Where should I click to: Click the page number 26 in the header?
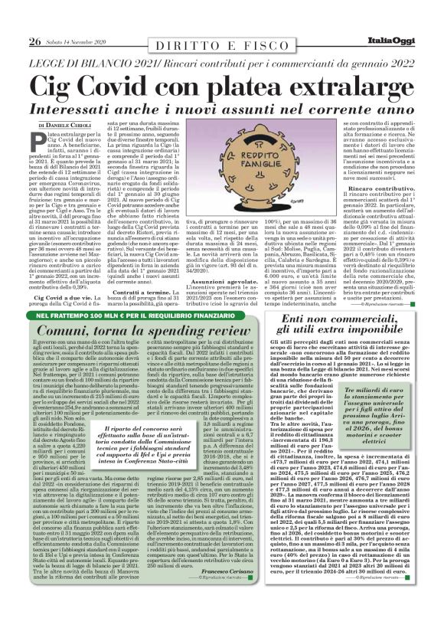click(x=34, y=20)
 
